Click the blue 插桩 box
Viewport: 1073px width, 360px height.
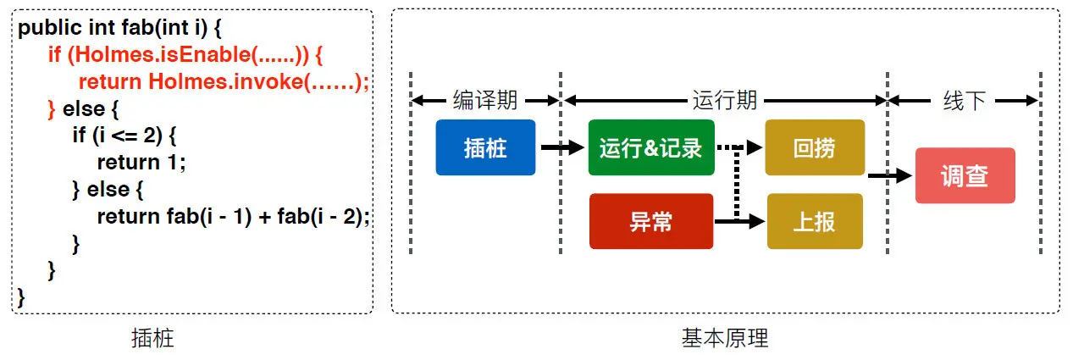coord(485,147)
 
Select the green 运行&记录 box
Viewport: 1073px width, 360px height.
coord(650,147)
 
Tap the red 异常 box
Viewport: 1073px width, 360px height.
coord(650,221)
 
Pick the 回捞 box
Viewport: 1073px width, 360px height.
coord(814,147)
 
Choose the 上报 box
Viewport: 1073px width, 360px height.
coord(814,221)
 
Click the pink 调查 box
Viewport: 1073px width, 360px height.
coord(965,175)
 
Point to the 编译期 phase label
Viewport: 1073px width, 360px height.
coord(485,100)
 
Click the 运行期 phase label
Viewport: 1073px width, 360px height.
coord(724,100)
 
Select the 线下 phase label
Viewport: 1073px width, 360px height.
coord(964,100)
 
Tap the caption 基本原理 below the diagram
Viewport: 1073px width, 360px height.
coord(725,339)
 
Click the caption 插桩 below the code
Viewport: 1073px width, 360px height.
coord(153,339)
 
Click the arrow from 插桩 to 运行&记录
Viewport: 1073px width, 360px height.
coord(561,147)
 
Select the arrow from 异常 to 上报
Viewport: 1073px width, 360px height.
coord(739,222)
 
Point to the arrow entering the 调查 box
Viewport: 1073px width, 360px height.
coord(890,176)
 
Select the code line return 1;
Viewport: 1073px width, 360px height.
coord(141,162)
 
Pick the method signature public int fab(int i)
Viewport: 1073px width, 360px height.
coord(119,28)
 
